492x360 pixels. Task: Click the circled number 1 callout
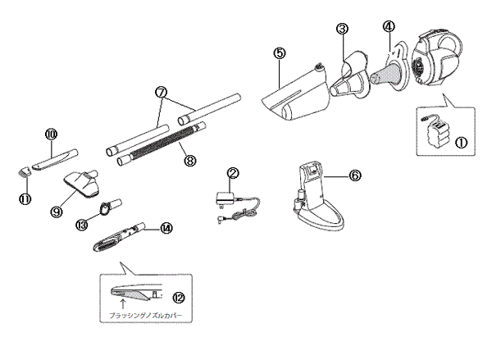[x=461, y=141]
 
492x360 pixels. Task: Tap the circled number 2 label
[x=233, y=174]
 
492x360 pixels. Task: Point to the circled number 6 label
[x=354, y=175]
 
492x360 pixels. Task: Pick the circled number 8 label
[x=189, y=161]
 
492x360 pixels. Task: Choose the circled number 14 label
[x=167, y=228]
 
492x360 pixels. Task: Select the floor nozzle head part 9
[x=82, y=182]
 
